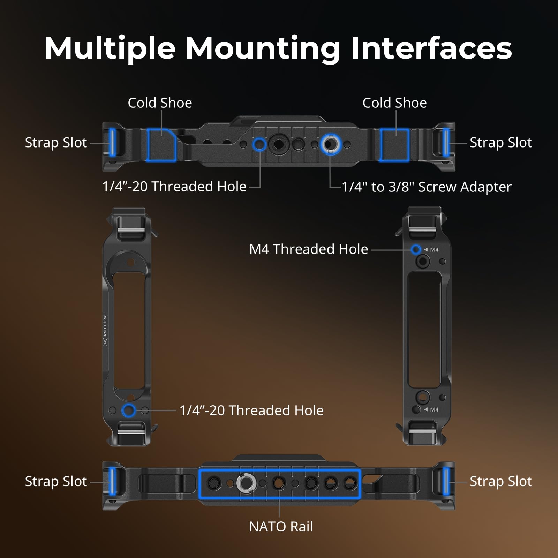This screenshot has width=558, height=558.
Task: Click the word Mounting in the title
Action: pyautogui.click(x=263, y=49)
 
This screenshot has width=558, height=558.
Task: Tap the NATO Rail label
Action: pyautogui.click(x=281, y=527)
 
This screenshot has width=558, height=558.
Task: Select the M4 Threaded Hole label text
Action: pyautogui.click(x=309, y=249)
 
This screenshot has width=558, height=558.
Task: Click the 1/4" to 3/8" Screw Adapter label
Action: pyautogui.click(x=427, y=187)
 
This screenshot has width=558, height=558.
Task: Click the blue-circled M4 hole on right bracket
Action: pyautogui.click(x=416, y=249)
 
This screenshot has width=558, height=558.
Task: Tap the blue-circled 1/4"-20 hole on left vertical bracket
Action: pyautogui.click(x=128, y=410)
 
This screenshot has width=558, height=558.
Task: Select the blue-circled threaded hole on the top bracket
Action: pyautogui.click(x=259, y=144)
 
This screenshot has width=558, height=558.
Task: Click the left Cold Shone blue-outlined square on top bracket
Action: pyautogui.click(x=161, y=145)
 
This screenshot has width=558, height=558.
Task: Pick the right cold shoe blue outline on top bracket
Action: pyautogui.click(x=394, y=145)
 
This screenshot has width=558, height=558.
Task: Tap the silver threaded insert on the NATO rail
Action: pyautogui.click(x=247, y=483)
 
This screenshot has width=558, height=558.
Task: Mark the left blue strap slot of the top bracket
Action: pyautogui.click(x=112, y=142)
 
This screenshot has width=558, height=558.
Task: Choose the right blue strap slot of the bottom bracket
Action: pyautogui.click(x=446, y=481)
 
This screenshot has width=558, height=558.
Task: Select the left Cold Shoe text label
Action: pyautogui.click(x=160, y=103)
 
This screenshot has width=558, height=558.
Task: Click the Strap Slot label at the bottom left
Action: pyautogui.click(x=56, y=482)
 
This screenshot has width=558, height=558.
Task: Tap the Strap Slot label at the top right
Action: pyautogui.click(x=501, y=143)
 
